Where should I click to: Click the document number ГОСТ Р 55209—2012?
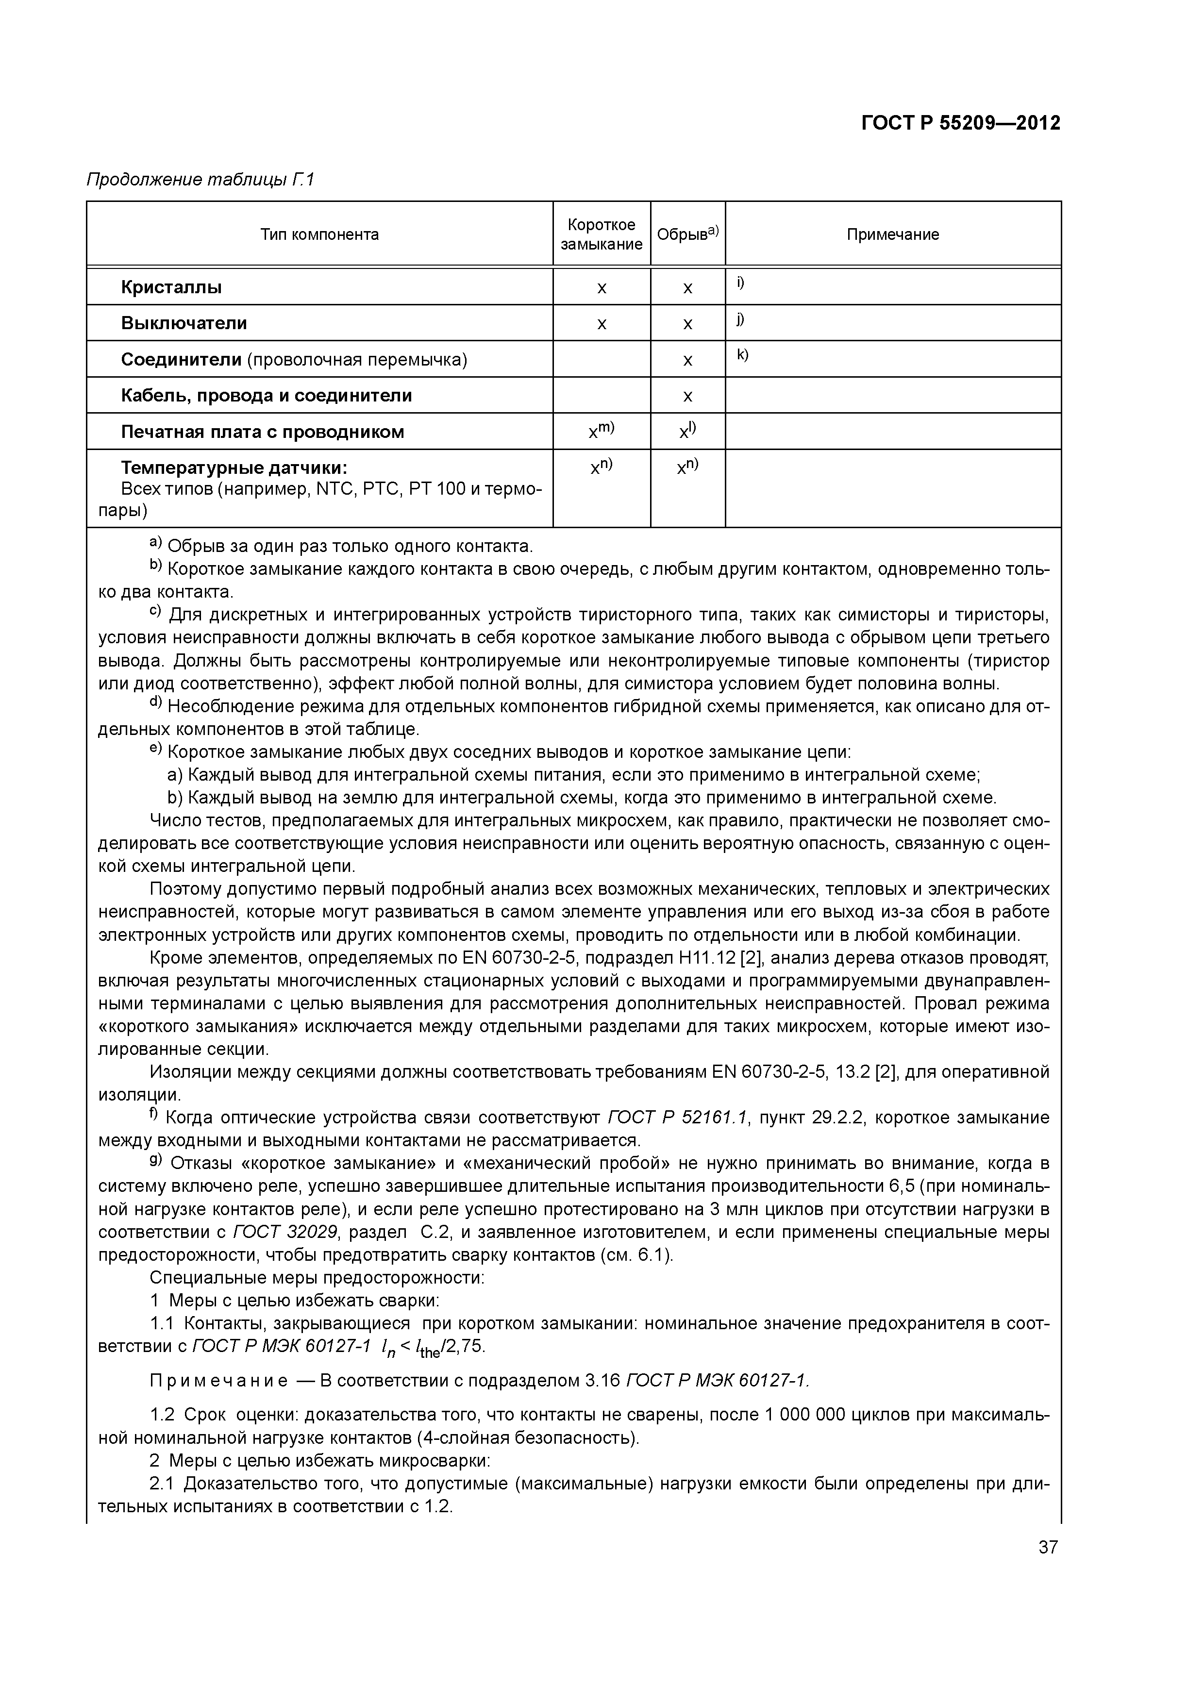coord(961,123)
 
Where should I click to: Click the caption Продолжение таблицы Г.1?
coord(201,180)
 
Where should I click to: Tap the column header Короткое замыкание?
coord(601,234)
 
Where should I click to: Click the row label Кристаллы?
coord(171,287)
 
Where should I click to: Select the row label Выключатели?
coord(184,323)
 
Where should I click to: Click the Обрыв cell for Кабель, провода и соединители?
coord(687,396)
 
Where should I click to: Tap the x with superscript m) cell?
coord(601,431)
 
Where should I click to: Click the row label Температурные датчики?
coord(234,468)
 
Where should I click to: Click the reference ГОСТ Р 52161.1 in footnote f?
coord(677,1118)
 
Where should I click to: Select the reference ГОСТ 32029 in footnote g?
coord(285,1232)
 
